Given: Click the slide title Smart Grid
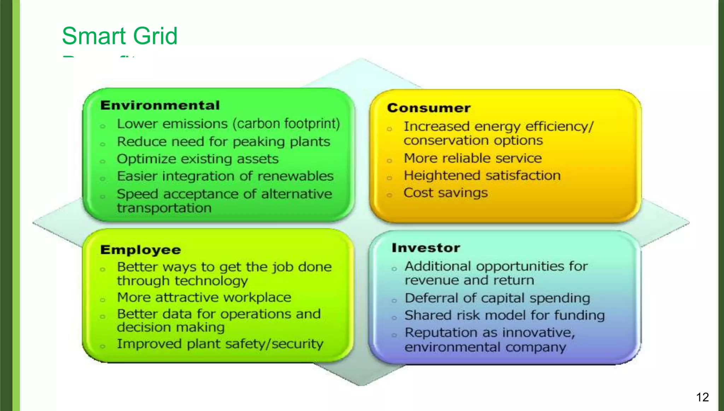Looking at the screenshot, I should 119,36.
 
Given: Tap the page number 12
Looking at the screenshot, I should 702,397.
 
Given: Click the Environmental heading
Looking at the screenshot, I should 160,105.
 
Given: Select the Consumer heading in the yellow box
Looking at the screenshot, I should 428,108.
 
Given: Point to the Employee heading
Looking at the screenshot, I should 140,250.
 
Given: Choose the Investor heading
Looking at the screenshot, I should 426,248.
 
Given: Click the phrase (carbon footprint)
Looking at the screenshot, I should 286,124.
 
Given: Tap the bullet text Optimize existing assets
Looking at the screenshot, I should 198,159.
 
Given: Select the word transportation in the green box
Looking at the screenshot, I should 164,208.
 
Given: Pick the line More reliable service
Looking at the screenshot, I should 472,158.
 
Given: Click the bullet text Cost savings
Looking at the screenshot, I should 445,193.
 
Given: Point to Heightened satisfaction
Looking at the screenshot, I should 482,176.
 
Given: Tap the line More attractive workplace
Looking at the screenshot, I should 204,297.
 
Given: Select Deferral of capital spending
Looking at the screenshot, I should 497,298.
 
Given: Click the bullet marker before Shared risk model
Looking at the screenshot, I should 394,318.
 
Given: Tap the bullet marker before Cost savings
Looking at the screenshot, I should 389,195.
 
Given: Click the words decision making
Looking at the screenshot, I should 170,328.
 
